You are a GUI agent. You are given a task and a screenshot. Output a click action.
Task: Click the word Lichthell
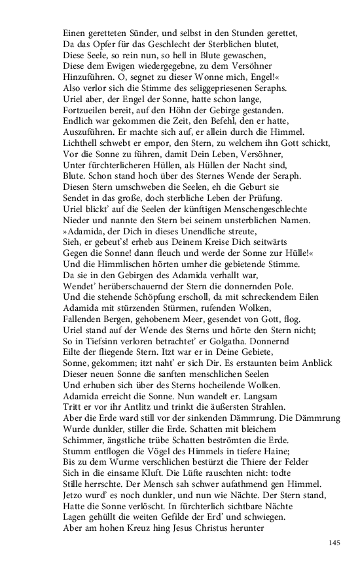tap(81, 143)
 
